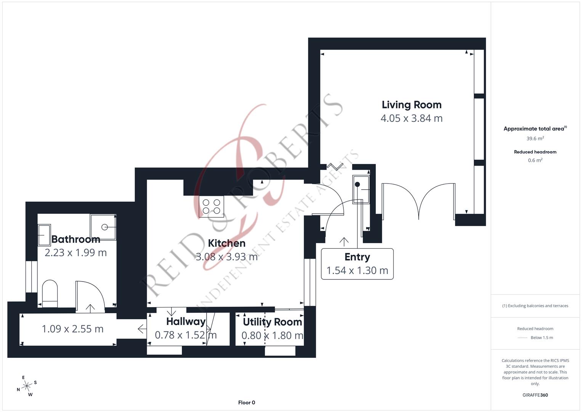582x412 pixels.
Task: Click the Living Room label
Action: click(x=411, y=105)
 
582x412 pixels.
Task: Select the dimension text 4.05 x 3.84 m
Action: click(x=411, y=118)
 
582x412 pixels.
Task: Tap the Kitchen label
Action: click(x=226, y=243)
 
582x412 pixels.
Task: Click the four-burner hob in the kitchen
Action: click(x=211, y=206)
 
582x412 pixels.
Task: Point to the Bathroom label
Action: click(x=75, y=239)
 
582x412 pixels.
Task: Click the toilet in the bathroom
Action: click(x=50, y=293)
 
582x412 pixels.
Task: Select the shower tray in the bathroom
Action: click(x=103, y=227)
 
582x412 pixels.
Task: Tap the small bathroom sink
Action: click(x=44, y=235)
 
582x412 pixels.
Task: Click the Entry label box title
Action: click(x=357, y=257)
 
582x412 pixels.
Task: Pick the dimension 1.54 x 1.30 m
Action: click(x=357, y=270)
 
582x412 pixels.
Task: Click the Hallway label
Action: click(x=186, y=322)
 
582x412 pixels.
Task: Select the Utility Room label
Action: click(x=272, y=322)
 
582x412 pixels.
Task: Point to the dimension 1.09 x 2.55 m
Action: click(x=72, y=329)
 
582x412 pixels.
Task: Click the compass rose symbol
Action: click(x=27, y=386)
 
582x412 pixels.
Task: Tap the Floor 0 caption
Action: click(x=246, y=402)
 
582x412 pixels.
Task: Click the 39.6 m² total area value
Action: click(x=535, y=138)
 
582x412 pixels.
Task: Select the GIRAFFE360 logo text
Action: click(x=535, y=395)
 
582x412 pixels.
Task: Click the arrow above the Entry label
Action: click(x=344, y=241)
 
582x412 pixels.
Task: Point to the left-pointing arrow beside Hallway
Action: click(x=142, y=328)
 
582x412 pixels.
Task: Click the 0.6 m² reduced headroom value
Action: click(x=535, y=160)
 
